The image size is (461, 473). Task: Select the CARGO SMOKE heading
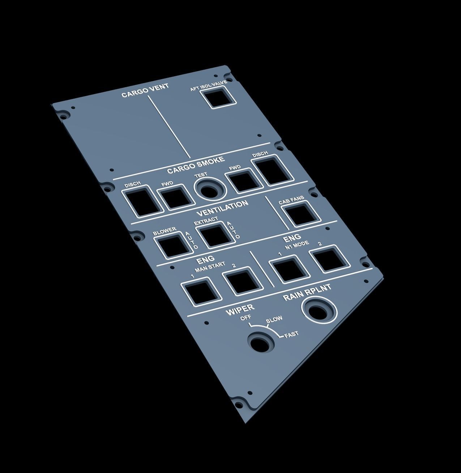click(x=196, y=165)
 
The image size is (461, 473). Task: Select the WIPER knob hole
click(x=261, y=342)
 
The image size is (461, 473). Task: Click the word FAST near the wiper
click(x=291, y=335)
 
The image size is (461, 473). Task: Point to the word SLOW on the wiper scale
click(x=274, y=319)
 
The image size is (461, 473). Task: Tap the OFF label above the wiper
click(x=246, y=318)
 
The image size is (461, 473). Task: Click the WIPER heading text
click(x=240, y=309)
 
